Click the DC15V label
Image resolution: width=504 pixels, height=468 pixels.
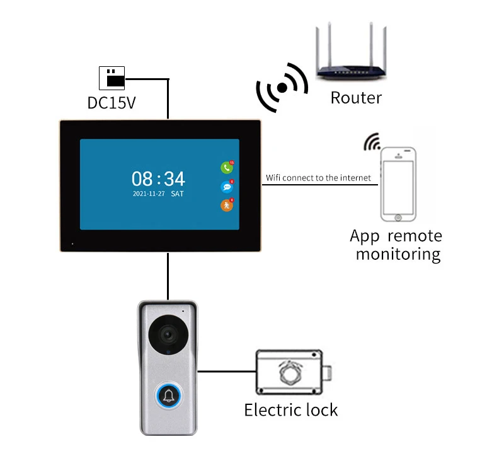(x=111, y=102)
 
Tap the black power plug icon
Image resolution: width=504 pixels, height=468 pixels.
(x=112, y=78)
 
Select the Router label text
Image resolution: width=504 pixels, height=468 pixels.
(x=356, y=98)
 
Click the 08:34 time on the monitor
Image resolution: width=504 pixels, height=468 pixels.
(x=158, y=178)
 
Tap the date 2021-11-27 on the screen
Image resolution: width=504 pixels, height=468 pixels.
(x=149, y=194)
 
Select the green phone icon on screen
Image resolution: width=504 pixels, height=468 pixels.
(x=226, y=168)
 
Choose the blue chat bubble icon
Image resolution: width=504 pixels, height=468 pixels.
(x=226, y=187)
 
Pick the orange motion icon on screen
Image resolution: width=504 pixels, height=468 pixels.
(x=226, y=205)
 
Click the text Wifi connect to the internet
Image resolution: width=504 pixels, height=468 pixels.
(x=318, y=178)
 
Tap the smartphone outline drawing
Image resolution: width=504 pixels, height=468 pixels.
(x=398, y=185)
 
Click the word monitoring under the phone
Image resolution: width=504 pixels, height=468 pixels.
(x=398, y=254)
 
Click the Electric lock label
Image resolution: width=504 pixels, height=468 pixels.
(x=291, y=410)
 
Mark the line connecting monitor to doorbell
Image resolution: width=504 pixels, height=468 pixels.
(x=168, y=276)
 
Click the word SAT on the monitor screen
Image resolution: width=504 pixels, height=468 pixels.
(x=177, y=194)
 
